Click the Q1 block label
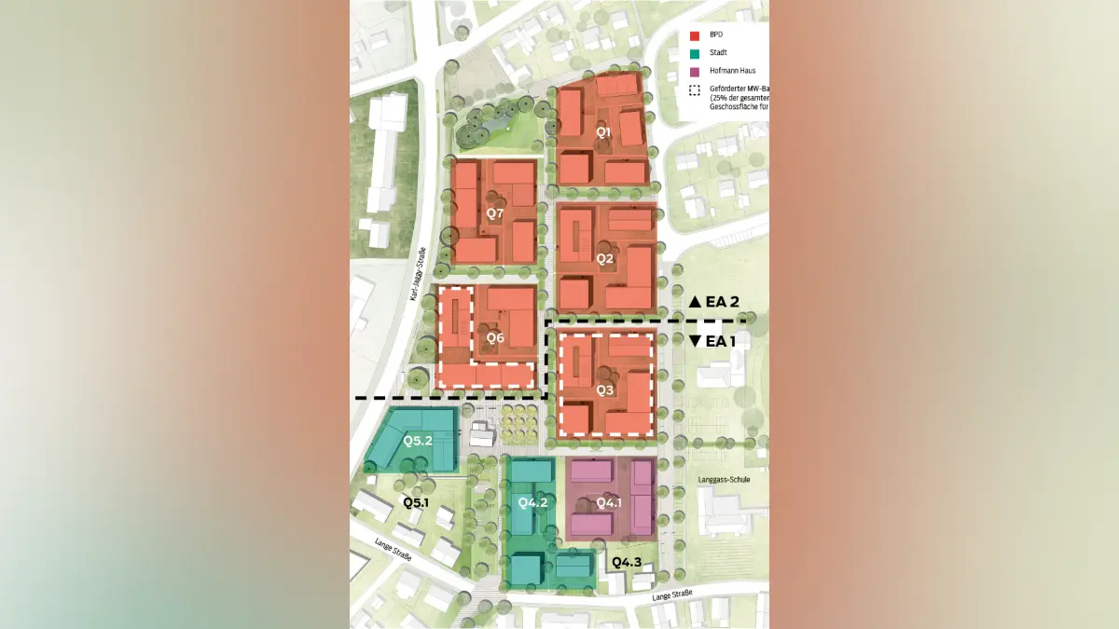click(604, 132)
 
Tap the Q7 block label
click(495, 214)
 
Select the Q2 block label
click(605, 258)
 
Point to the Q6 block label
click(495, 336)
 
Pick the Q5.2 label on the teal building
click(418, 440)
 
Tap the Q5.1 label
click(415, 502)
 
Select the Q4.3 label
click(627, 561)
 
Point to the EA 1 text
click(721, 341)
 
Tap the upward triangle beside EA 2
click(695, 302)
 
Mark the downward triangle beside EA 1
click(695, 341)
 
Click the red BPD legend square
click(693, 34)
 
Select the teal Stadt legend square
click(693, 52)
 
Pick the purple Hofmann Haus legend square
click(693, 71)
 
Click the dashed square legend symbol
click(693, 90)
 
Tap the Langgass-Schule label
click(724, 480)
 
